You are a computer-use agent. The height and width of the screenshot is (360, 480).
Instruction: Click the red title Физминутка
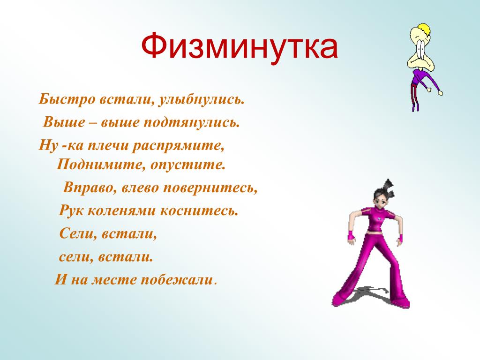tap(240, 46)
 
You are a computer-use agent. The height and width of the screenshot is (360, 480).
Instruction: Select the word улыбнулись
tap(201, 99)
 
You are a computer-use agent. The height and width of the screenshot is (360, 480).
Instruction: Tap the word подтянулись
tap(191, 122)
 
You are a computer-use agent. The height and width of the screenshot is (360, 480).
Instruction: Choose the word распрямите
tap(178, 146)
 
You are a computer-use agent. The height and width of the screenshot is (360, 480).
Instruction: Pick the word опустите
tap(187, 165)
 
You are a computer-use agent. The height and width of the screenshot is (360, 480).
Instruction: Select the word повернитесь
tap(210, 187)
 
